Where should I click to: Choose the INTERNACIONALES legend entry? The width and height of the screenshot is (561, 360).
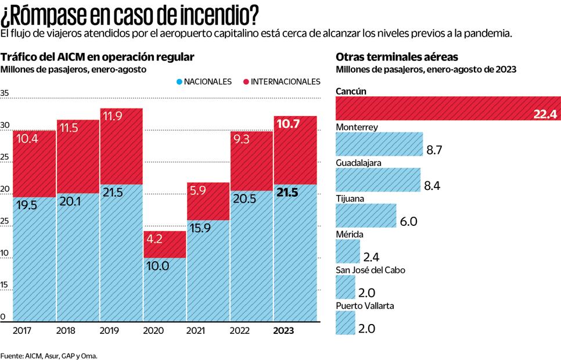pos(281,82)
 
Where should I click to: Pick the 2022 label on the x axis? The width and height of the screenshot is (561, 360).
pos(240,330)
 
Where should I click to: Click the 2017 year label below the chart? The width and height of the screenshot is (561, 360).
pos(22,330)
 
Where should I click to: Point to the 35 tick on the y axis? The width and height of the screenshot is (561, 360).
pos(5,93)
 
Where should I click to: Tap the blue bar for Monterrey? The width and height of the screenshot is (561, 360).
pos(379,144)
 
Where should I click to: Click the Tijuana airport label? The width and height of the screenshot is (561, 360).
pos(350,199)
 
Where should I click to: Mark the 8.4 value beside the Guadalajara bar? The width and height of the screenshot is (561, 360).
pos(432,186)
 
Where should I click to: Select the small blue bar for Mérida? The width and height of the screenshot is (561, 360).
pos(348,252)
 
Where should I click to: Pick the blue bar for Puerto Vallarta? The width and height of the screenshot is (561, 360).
pos(346,322)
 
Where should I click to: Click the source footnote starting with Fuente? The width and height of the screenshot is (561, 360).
pos(49,355)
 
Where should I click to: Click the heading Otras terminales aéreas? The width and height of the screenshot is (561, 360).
pos(397,57)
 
